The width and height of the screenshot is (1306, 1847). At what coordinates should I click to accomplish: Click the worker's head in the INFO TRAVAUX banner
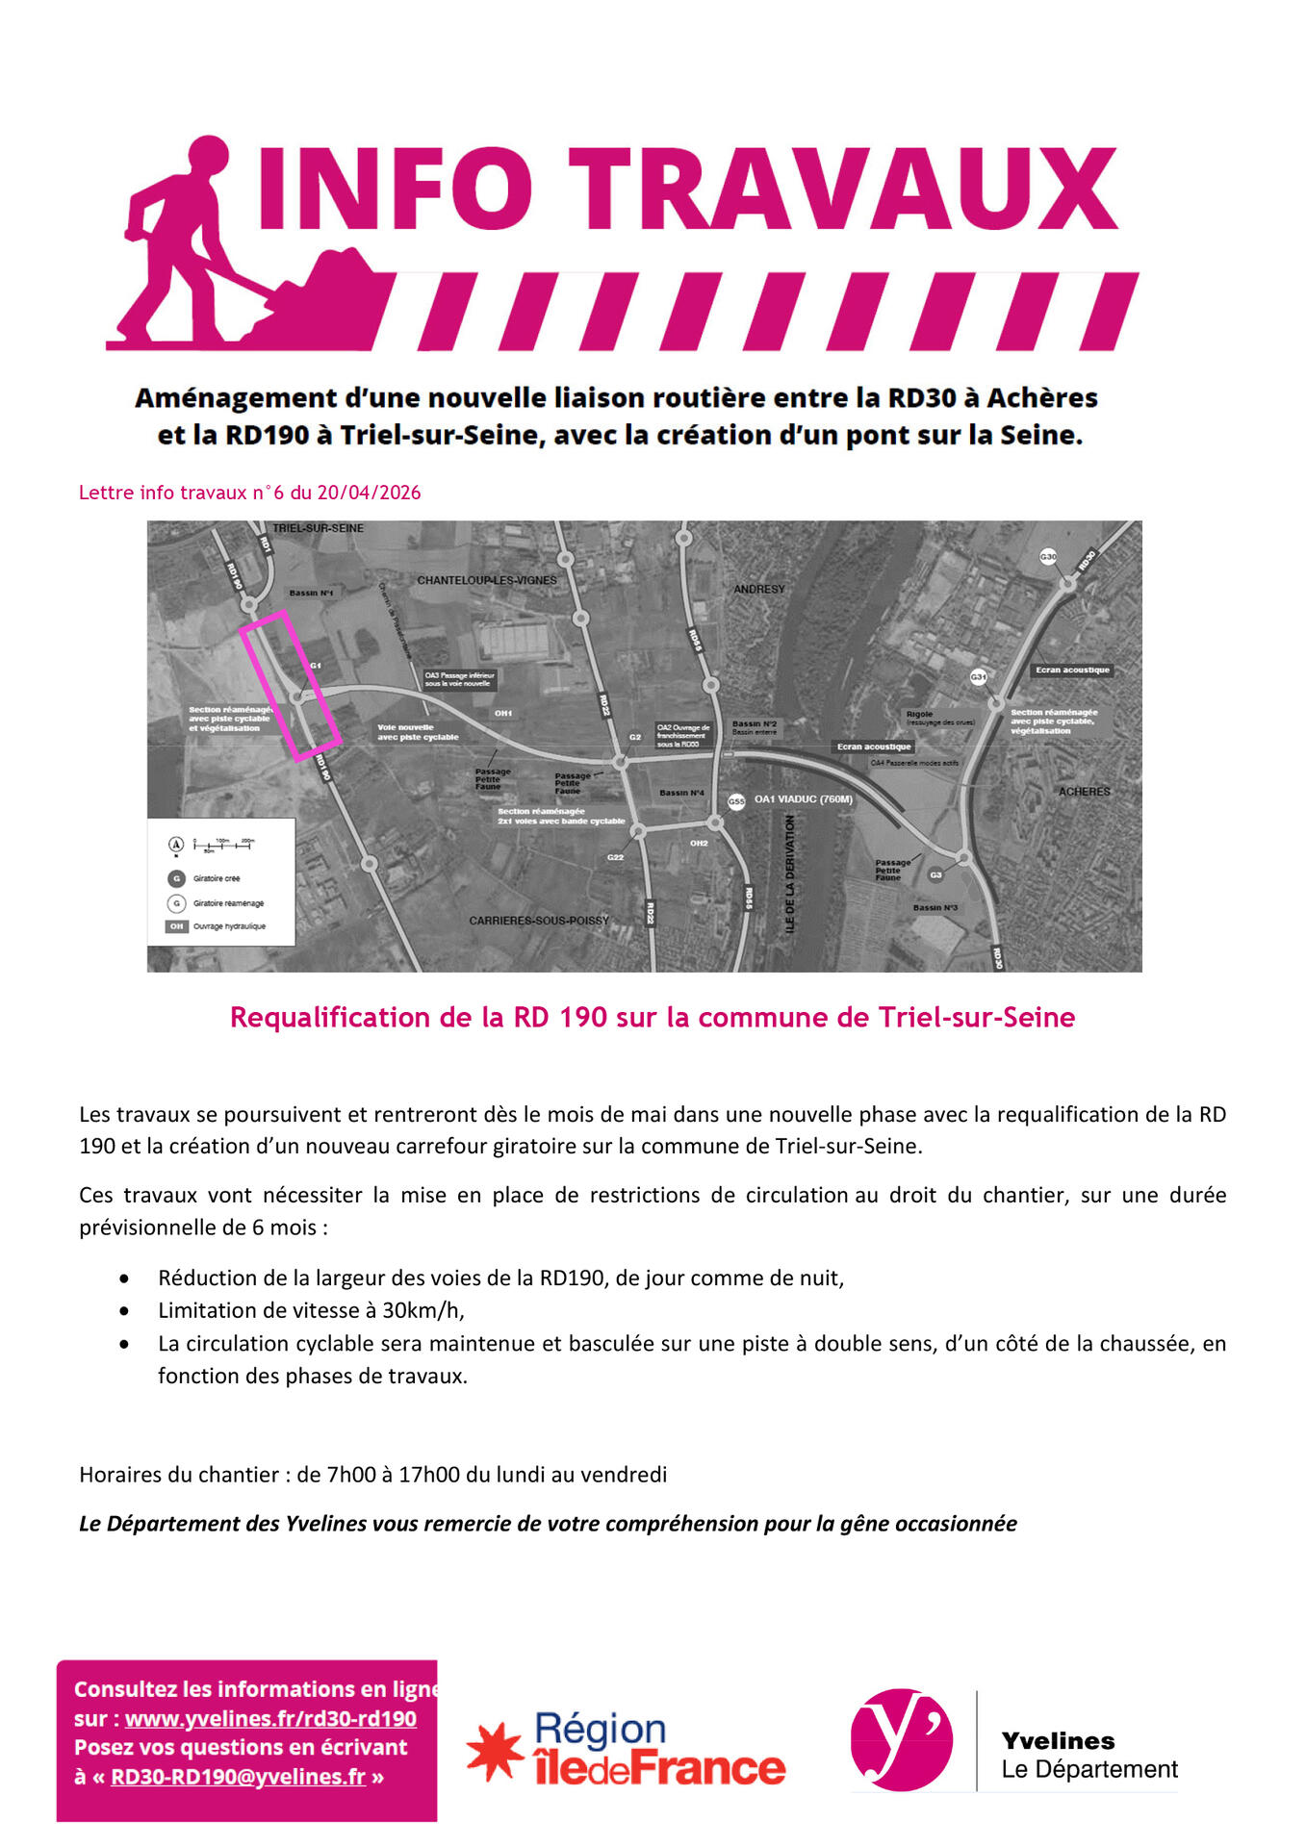(208, 157)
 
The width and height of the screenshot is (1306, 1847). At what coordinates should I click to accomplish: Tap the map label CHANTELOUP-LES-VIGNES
(486, 580)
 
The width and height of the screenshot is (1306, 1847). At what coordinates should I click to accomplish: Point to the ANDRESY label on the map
(759, 589)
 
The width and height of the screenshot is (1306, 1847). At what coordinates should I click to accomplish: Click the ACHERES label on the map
(1084, 792)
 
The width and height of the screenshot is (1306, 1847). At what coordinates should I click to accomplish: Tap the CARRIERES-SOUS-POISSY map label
(539, 921)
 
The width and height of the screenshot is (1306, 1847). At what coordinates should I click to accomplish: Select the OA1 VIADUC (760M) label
(803, 799)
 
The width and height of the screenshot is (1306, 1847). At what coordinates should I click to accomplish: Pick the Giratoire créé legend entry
(216, 878)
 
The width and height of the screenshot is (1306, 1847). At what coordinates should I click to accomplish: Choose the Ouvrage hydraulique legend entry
(228, 926)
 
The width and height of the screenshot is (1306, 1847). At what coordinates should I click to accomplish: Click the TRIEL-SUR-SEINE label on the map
(318, 528)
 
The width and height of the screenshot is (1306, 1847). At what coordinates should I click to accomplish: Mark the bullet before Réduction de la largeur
(124, 1278)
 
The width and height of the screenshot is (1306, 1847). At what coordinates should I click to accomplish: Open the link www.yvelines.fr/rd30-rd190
(270, 1719)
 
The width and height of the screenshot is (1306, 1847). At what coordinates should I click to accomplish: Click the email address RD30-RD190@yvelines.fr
(238, 1777)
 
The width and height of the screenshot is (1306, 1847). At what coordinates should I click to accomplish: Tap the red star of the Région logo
(495, 1750)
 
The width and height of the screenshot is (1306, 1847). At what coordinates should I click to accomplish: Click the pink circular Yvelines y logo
(902, 1740)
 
